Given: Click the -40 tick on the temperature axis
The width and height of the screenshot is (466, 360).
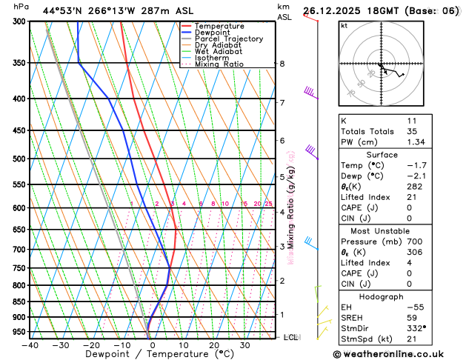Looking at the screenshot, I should (30, 345).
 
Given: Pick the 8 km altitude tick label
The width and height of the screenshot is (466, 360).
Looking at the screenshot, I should (282, 64).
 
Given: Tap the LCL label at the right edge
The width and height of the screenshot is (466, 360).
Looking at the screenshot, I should (291, 338).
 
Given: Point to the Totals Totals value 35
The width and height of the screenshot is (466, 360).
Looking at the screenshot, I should (412, 131).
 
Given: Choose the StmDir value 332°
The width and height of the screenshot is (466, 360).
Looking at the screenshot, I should (416, 327).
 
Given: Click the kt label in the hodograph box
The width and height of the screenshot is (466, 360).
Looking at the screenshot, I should (344, 26).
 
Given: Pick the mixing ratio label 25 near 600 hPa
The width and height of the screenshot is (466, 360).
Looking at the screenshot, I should (269, 204).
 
